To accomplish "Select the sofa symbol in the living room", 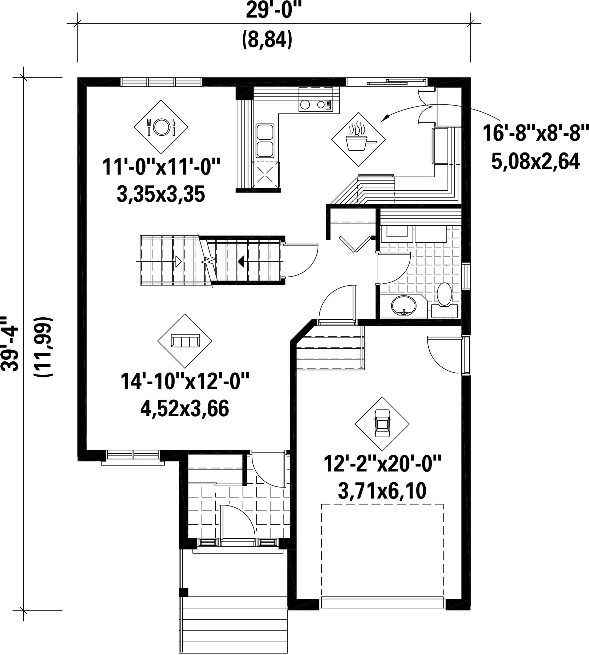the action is click(184, 341).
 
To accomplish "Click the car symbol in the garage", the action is click(382, 424).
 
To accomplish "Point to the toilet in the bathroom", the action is click(444, 298).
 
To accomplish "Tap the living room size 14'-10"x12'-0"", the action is click(185, 382).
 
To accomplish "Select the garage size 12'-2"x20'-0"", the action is click(382, 464).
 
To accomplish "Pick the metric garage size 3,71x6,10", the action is click(382, 491).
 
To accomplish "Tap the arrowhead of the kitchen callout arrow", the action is click(384, 118).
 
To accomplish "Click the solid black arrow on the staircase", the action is click(241, 261).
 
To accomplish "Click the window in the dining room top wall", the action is click(161, 82).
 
